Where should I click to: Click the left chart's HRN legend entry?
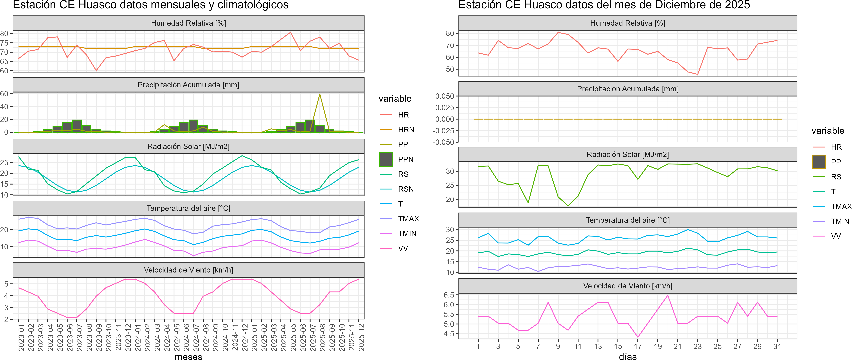406,130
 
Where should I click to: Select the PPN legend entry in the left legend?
406,159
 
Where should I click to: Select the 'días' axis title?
627,356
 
